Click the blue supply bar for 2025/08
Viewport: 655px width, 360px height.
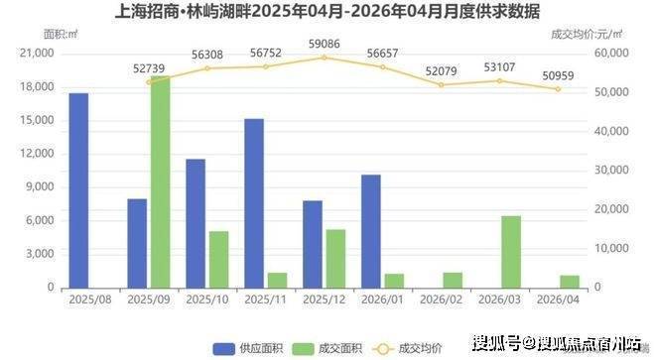coord(78,190)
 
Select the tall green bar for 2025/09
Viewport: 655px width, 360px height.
coord(161,182)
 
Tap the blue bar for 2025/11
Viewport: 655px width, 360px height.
coord(254,203)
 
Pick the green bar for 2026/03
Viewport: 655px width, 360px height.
coord(511,252)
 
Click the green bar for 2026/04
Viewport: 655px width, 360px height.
coord(570,282)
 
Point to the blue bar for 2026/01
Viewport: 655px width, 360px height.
coord(371,231)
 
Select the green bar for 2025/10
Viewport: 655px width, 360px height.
coord(219,260)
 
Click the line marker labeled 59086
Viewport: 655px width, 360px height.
coord(325,58)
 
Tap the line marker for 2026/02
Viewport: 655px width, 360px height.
coord(441,84)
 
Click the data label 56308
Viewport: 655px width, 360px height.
coord(207,55)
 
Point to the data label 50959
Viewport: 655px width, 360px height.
coord(558,76)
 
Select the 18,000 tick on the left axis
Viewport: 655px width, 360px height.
coord(38,87)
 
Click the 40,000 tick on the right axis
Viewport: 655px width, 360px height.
coord(611,131)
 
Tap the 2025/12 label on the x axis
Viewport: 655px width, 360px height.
coord(325,300)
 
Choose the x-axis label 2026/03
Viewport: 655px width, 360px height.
coord(499,300)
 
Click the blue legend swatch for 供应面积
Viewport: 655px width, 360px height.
coord(224,349)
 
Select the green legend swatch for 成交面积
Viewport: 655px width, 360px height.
coord(303,349)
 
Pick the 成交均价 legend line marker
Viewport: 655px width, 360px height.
coord(383,349)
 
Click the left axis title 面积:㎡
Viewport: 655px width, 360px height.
coord(61,35)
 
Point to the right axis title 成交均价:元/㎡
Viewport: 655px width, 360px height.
coord(587,35)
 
